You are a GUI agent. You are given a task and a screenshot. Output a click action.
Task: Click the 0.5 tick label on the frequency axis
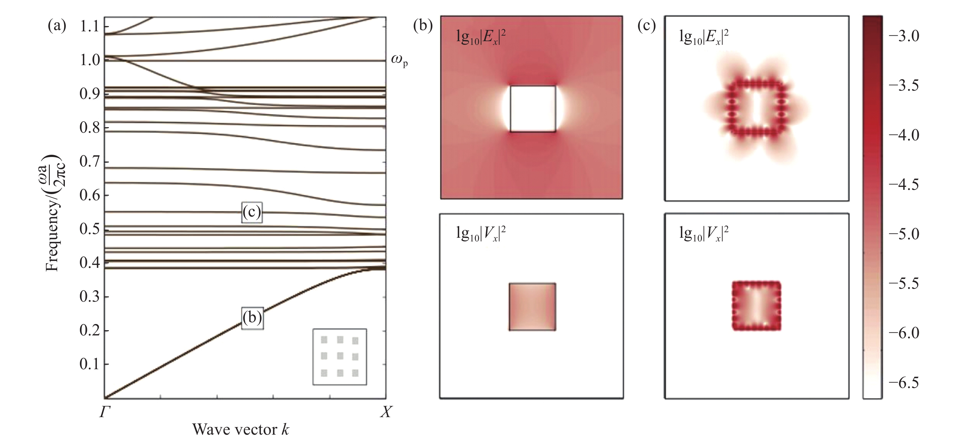coord(89,229)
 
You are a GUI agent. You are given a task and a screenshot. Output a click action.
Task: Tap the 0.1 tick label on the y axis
coord(89,364)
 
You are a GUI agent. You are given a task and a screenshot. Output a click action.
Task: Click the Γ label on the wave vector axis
coord(104,412)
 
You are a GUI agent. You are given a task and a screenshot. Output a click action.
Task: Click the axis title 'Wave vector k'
coord(241,429)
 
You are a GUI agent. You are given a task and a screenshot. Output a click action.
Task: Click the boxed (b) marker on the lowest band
coord(252,319)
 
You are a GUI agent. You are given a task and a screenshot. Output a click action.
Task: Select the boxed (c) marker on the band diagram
coord(252,213)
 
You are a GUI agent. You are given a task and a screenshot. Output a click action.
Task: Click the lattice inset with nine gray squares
coord(340,357)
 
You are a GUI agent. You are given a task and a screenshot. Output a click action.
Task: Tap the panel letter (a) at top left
coord(57,26)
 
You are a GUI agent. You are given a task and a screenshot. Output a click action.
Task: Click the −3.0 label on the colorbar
coord(904,36)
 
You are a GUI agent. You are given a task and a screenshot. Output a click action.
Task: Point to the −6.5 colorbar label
coord(904,383)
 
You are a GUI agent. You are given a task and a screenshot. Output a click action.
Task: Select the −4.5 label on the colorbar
coord(904,184)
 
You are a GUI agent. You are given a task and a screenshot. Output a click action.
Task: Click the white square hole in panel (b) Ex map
coord(533,109)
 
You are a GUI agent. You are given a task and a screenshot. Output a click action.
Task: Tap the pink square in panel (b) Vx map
coord(533,307)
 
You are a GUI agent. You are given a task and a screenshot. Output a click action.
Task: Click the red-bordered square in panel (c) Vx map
coord(757,306)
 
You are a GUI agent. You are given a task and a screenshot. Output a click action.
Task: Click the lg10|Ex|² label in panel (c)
coord(704,37)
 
